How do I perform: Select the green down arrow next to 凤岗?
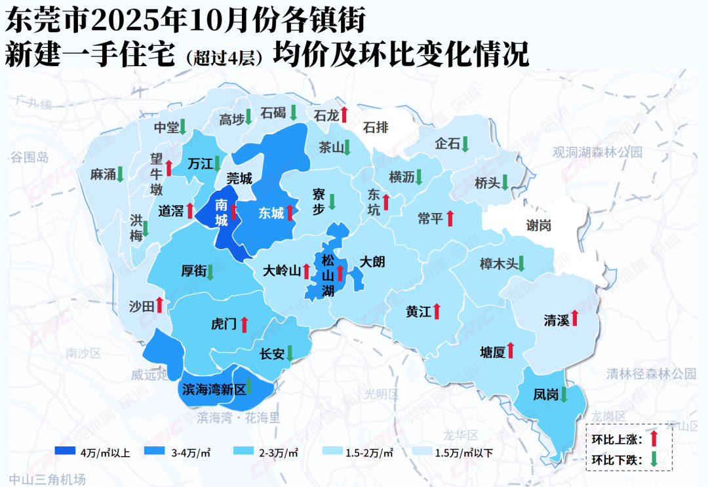pos(563,395)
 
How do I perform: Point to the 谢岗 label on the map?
pos(539,226)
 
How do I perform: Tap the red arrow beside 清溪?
pos(574,318)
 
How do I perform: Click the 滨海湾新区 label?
pos(212,389)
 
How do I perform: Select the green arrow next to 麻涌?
pos(121,174)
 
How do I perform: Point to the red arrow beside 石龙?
pos(344,114)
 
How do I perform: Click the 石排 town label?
pos(376,127)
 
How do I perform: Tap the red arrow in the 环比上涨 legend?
pos(653,437)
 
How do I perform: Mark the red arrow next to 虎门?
pos(244,324)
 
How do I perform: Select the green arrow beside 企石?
pos(465,144)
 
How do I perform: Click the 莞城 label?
pos(239,178)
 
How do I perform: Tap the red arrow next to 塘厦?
pos(511,351)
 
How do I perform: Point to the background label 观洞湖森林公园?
pos(597,153)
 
